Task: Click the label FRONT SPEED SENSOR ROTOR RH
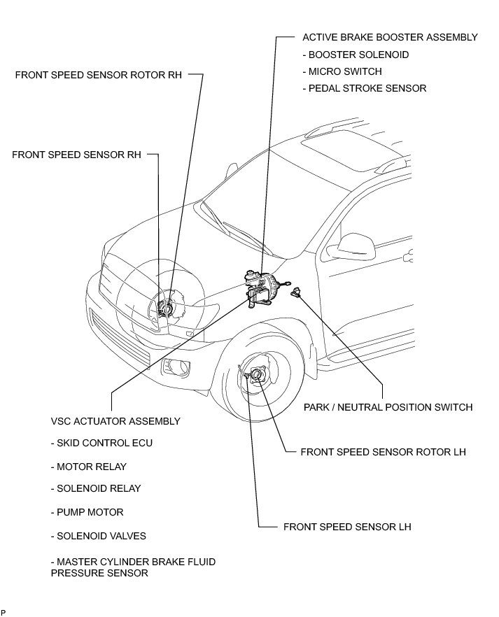point(98,75)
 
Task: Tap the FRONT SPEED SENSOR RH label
point(76,154)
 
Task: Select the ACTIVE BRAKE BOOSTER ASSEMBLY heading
point(390,37)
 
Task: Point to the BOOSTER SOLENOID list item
point(356,55)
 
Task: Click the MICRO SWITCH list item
point(342,71)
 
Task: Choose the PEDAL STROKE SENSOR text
point(364,89)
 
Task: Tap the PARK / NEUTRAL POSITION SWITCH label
point(388,407)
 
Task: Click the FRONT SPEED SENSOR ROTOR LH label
point(382,453)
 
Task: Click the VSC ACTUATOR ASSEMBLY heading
point(115,421)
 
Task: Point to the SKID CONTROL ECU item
point(101,444)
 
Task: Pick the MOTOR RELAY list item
point(89,467)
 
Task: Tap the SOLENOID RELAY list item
point(96,489)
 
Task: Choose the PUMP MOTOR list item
point(87,512)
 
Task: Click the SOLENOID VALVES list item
point(99,536)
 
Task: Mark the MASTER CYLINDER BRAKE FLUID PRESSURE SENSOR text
point(133,567)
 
